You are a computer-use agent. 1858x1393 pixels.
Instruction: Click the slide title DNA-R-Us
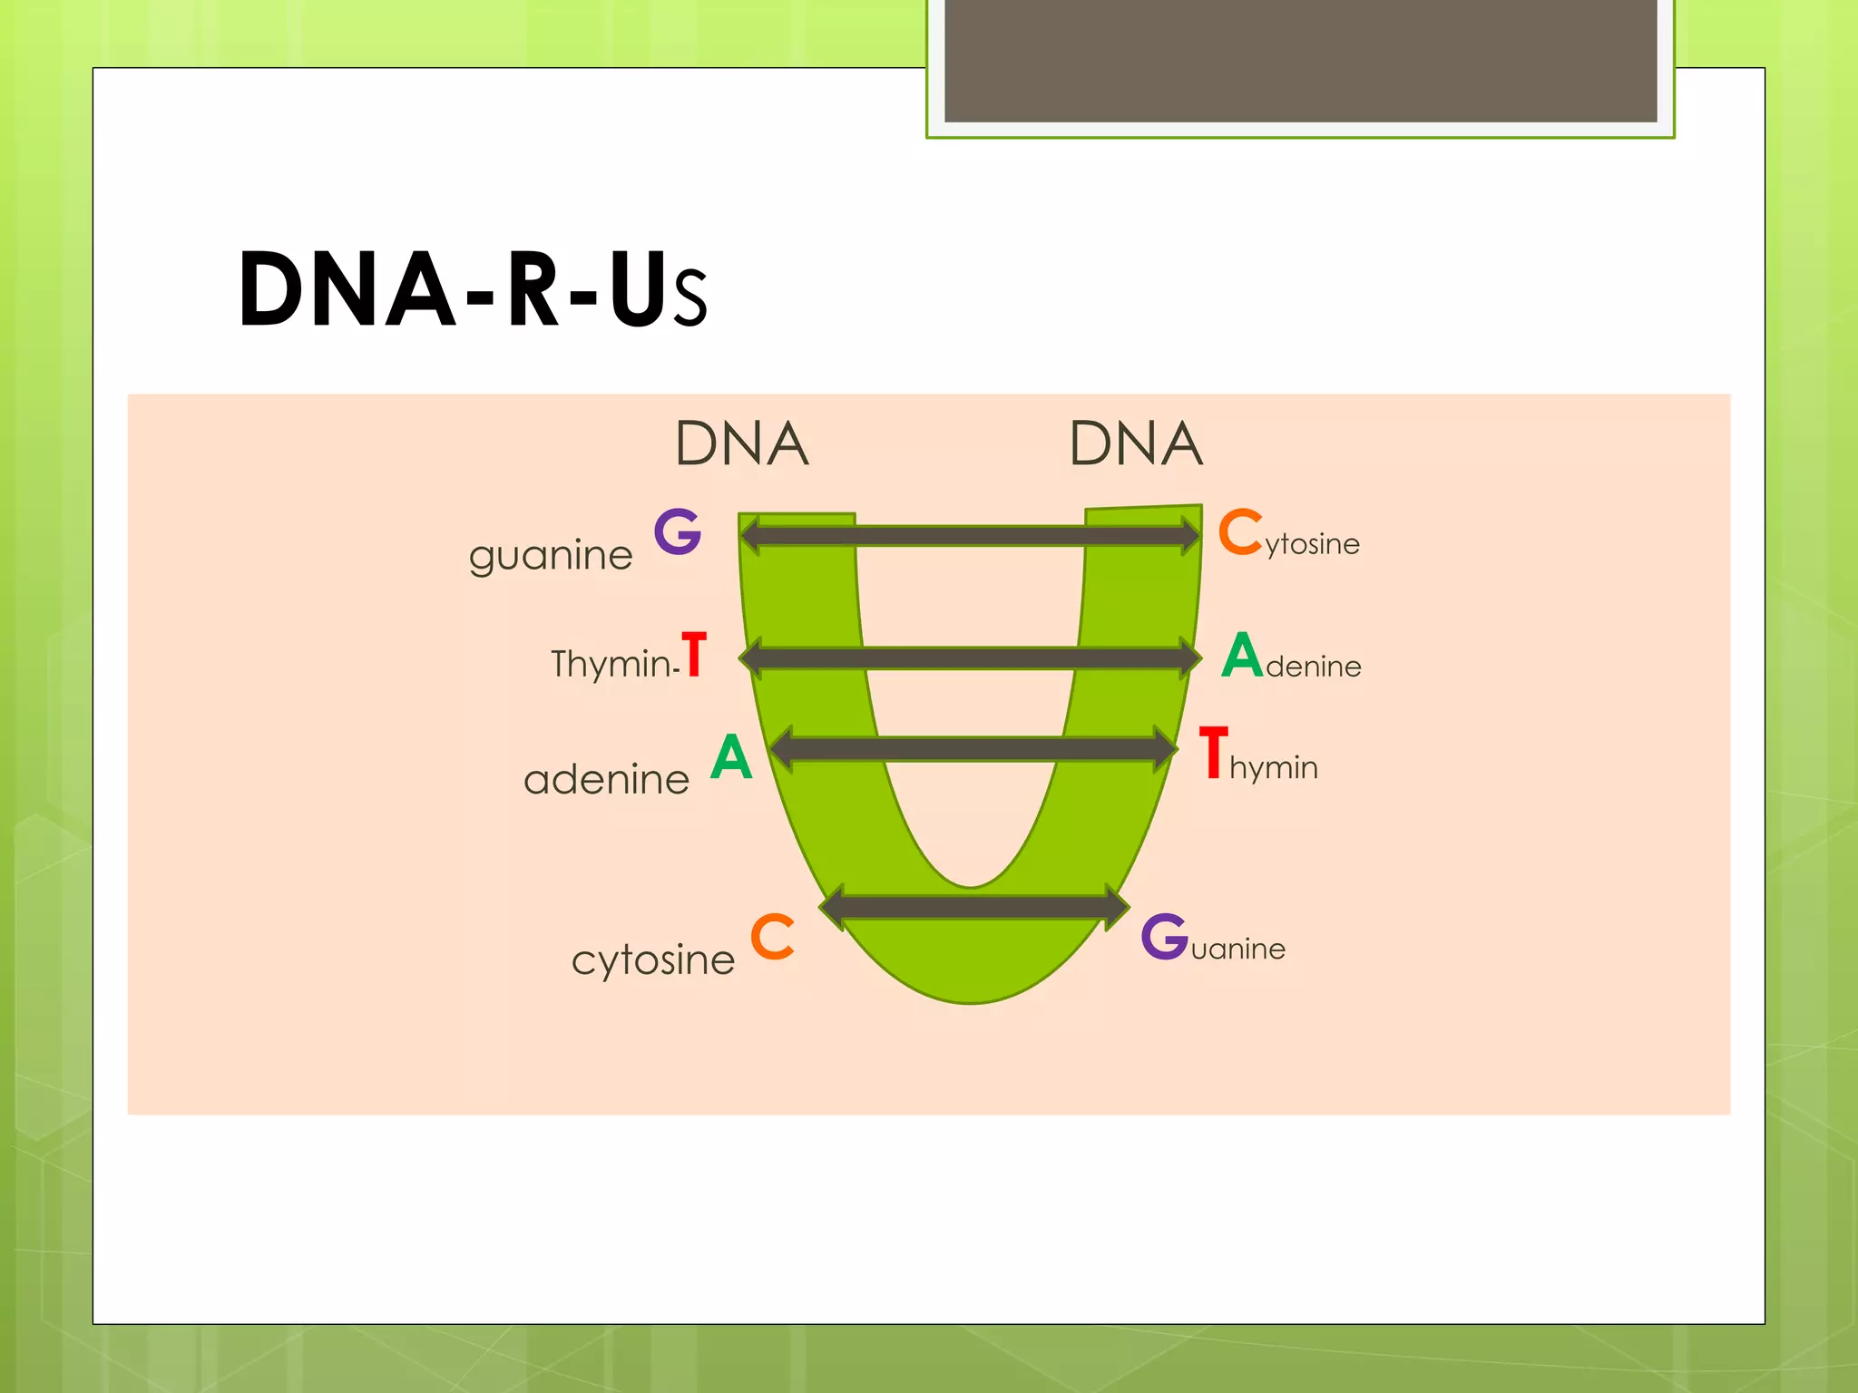pos(472,290)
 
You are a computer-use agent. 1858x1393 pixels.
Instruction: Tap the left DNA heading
pos(741,444)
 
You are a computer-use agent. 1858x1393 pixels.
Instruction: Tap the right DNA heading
pos(1136,444)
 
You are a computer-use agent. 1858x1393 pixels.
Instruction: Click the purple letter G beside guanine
pos(678,531)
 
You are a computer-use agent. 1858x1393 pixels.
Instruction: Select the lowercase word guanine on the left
pos(551,555)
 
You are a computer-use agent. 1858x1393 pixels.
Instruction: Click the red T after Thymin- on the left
pos(694,655)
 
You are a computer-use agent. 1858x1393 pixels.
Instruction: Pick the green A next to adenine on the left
pos(731,757)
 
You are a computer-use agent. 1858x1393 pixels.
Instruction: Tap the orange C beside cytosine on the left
pos(772,937)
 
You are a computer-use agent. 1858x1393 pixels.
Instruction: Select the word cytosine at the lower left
pos(653,960)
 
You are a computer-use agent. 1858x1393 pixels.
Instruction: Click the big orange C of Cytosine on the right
pos(1239,532)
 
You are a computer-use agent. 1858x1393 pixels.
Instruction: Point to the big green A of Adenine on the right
pos(1242,655)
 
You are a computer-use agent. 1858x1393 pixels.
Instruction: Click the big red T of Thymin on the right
pos(1213,753)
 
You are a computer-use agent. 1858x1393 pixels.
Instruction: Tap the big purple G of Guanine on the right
pos(1164,937)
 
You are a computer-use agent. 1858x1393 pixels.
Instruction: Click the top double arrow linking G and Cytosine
pos(970,535)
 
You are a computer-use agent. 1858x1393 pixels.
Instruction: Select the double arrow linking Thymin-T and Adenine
pos(970,658)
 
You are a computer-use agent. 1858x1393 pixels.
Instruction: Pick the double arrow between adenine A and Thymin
pos(973,749)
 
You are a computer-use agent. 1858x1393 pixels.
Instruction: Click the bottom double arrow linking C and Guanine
pos(974,906)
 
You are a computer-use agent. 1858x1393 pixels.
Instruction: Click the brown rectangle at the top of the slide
pos(1300,60)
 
